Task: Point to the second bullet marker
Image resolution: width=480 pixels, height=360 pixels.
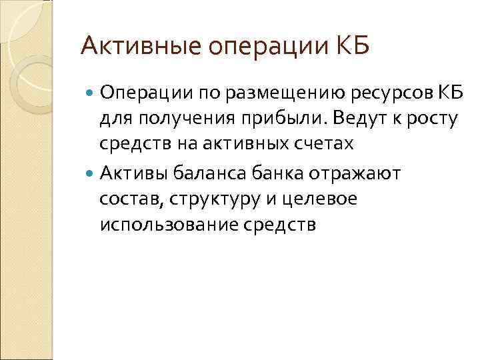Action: [x=91, y=174]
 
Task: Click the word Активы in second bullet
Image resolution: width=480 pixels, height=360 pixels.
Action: [x=134, y=174]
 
